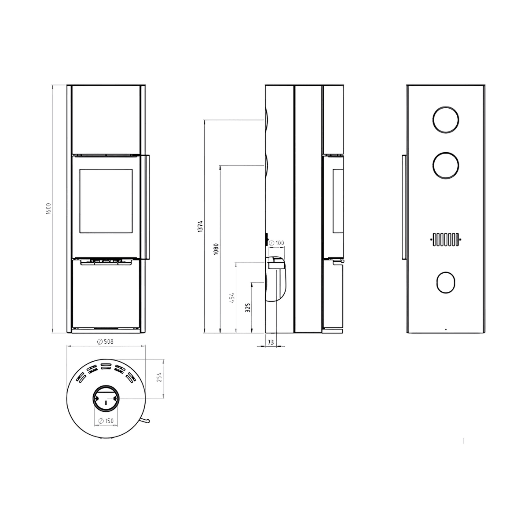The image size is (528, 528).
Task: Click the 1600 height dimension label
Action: (48, 209)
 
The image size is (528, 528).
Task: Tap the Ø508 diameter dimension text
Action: (105, 341)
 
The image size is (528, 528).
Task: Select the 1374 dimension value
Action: (200, 226)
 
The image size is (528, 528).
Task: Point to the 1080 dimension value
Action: (216, 249)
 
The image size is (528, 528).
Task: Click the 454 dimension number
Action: (232, 298)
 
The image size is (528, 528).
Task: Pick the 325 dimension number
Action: (248, 308)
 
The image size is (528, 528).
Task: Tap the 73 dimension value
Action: (271, 342)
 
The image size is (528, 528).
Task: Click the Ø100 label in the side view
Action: (276, 243)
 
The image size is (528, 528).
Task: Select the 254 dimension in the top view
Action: (159, 377)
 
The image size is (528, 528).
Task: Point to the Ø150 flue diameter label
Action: (106, 421)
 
